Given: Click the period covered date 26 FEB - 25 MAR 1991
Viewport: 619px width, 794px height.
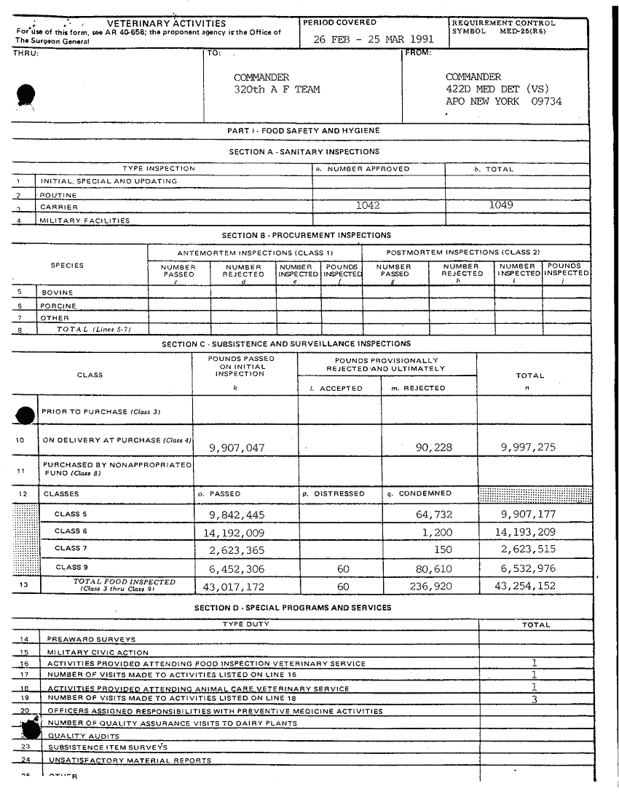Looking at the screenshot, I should click(x=374, y=39).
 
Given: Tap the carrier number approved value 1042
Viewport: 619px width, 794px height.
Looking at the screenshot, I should click(x=367, y=206).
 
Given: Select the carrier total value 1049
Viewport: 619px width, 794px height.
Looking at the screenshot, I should click(x=500, y=205).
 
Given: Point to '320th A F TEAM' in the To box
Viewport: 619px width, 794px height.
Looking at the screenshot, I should click(x=277, y=90).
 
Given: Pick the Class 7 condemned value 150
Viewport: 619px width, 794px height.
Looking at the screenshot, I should click(x=443, y=549).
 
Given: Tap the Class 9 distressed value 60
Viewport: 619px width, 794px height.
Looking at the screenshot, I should click(x=344, y=569).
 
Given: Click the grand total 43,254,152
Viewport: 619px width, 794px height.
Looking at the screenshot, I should click(x=525, y=586).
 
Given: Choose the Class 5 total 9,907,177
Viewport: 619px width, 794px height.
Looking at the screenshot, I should click(x=525, y=515).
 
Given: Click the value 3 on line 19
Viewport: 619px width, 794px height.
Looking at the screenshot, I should click(x=535, y=699).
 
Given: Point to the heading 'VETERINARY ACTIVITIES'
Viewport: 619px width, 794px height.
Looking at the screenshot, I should click(x=166, y=24).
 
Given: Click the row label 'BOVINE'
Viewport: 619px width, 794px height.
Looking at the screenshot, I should click(x=57, y=293).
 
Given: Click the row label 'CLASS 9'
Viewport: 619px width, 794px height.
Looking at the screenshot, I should click(x=71, y=567).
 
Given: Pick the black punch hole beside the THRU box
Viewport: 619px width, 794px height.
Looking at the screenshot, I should click(x=26, y=95).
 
